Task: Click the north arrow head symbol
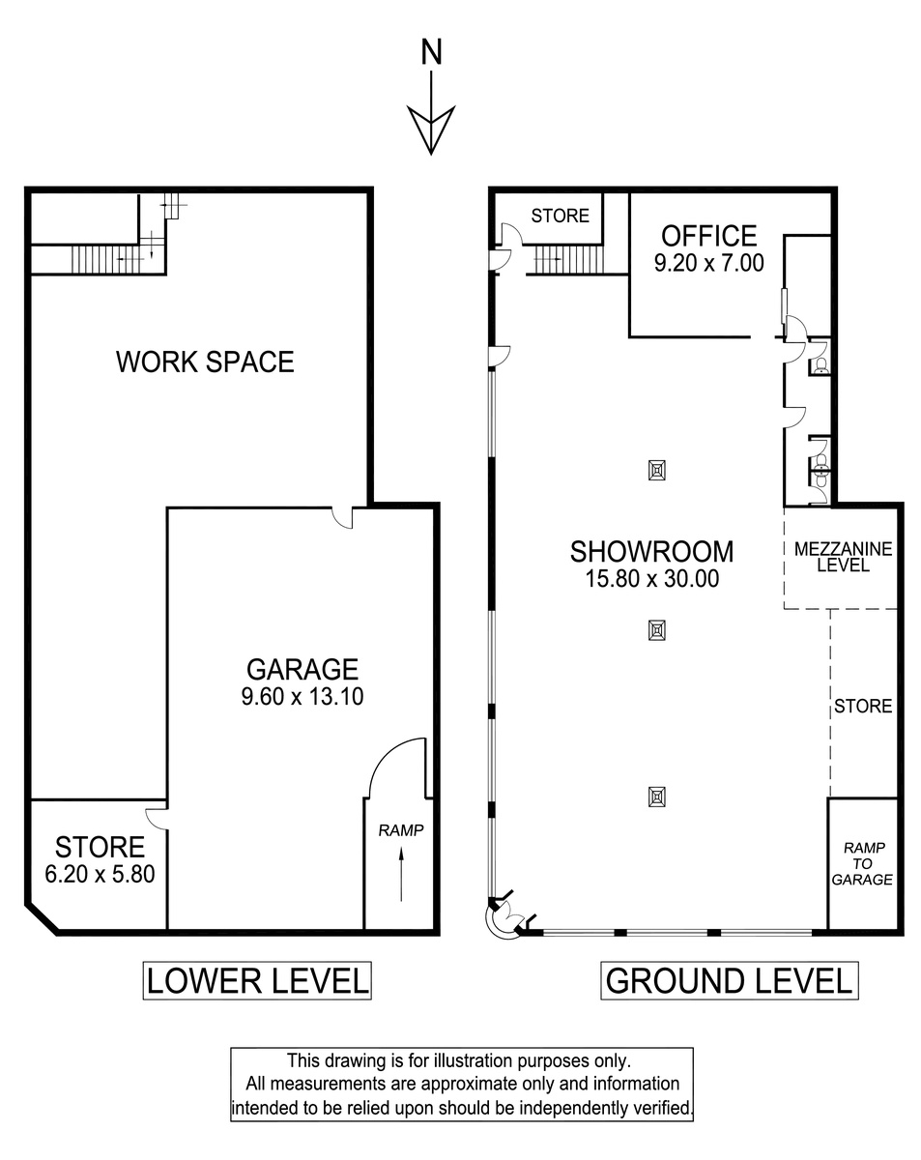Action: click(431, 130)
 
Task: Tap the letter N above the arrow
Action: click(431, 52)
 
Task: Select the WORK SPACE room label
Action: click(205, 362)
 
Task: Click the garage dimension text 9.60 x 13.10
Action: click(302, 696)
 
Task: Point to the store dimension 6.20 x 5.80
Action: click(100, 874)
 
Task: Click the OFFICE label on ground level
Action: click(709, 236)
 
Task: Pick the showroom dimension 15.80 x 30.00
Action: click(652, 578)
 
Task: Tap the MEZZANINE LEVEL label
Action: click(844, 557)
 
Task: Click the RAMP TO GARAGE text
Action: click(862, 863)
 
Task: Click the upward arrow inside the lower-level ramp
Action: click(401, 874)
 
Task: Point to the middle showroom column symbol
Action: click(657, 630)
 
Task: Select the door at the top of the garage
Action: click(342, 517)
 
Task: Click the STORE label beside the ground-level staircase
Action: click(560, 216)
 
